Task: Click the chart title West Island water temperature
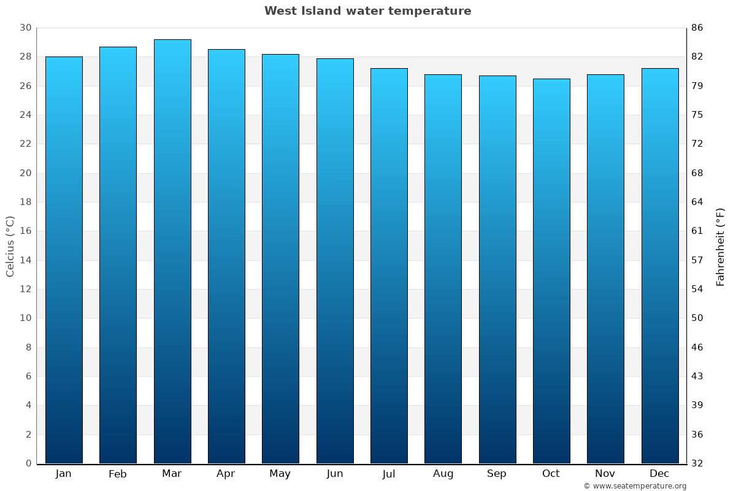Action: click(x=367, y=11)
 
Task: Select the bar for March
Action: click(x=172, y=252)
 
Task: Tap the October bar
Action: click(x=551, y=271)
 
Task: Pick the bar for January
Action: click(x=64, y=260)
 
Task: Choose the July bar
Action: click(x=389, y=266)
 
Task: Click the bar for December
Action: click(x=660, y=266)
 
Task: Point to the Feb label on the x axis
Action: click(x=118, y=474)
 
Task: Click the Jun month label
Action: click(x=335, y=474)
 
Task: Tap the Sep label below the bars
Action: click(x=497, y=474)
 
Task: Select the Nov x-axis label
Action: click(x=605, y=474)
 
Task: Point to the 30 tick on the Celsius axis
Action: click(x=25, y=28)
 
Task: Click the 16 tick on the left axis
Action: click(x=25, y=231)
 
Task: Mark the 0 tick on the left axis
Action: click(x=28, y=463)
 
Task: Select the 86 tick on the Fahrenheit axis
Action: click(x=697, y=28)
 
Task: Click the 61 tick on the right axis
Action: click(x=697, y=231)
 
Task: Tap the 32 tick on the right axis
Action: click(x=697, y=463)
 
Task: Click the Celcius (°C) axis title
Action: click(x=10, y=246)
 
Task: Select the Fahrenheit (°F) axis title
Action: click(x=721, y=246)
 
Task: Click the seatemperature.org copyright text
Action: click(x=635, y=486)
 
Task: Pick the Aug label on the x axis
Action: click(x=443, y=474)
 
